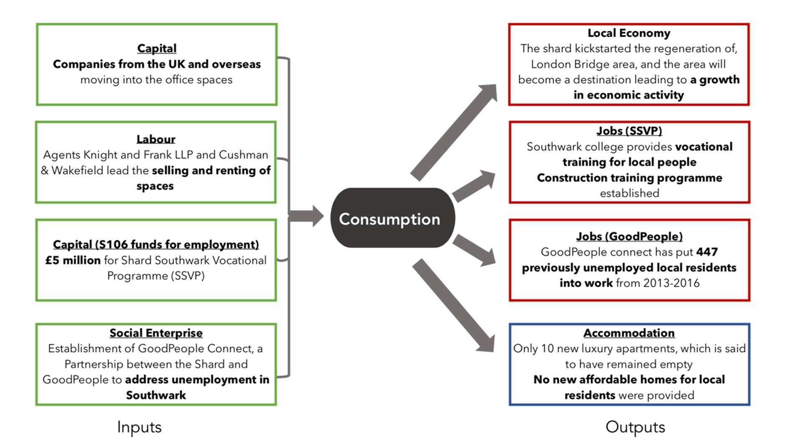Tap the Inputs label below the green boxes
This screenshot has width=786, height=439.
point(139,427)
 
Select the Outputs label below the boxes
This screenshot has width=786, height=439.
point(635,427)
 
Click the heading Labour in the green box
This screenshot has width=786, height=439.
point(155,139)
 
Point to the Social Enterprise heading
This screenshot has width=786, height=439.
point(156,333)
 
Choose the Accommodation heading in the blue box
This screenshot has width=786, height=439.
point(629,333)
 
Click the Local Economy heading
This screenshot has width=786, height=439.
point(628,33)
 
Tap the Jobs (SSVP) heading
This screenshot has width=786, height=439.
point(629,131)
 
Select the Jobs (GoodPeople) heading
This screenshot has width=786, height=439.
point(629,236)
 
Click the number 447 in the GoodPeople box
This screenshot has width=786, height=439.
point(707,252)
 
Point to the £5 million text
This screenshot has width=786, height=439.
point(73,260)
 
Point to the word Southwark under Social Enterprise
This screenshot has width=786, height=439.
point(155,395)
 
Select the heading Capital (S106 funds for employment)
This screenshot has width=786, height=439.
point(155,244)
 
